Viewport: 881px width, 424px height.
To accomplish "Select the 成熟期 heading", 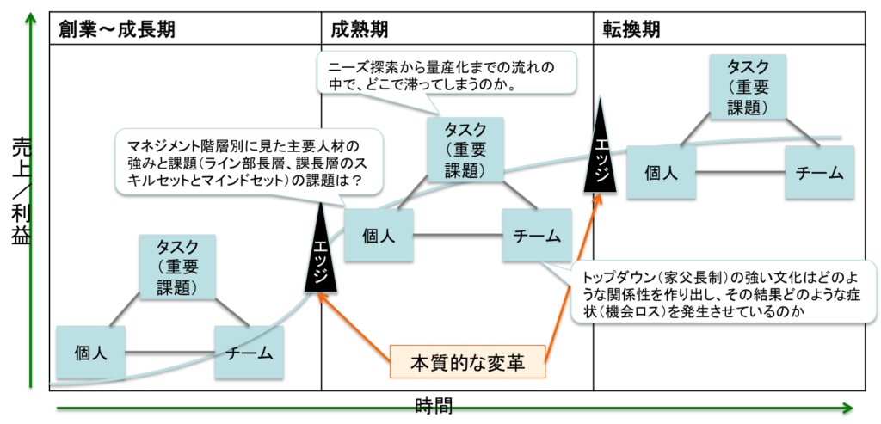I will [x=359, y=29].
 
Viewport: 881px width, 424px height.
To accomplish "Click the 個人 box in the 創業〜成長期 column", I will [x=90, y=353].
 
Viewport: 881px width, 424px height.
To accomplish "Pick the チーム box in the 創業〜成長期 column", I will [x=250, y=353].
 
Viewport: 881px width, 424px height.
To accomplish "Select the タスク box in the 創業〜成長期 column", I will [x=177, y=267].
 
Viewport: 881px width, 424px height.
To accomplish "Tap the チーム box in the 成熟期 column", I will [x=537, y=235].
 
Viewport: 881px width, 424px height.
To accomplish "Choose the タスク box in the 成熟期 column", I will [x=465, y=149].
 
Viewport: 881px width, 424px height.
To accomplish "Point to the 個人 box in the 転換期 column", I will [x=661, y=172].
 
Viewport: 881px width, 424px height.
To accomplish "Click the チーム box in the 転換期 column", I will [x=819, y=172].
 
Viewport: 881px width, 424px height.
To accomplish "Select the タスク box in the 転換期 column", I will [x=748, y=87].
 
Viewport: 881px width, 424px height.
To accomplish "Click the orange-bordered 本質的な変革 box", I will [x=468, y=361].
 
